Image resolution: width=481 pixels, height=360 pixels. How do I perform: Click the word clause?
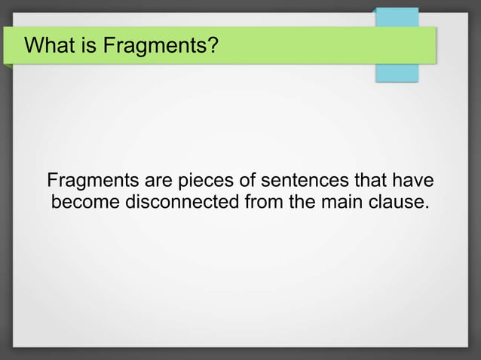click(397, 203)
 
